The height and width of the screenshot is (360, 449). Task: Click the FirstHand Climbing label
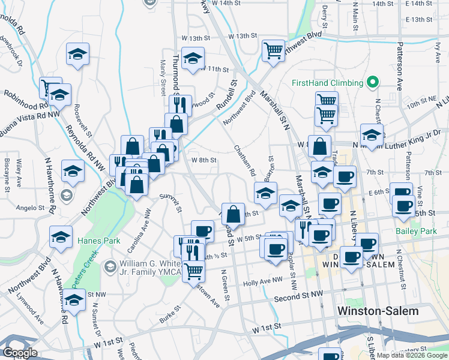[327, 83]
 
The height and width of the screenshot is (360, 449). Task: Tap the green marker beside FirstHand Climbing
[373, 82]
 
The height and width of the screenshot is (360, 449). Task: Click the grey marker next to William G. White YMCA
[109, 265]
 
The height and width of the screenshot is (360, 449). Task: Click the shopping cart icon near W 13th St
[273, 50]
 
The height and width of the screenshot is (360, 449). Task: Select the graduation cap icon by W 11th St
[193, 59]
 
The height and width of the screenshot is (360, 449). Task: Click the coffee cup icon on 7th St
[345, 176]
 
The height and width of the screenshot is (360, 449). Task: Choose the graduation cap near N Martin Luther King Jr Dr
[372, 135]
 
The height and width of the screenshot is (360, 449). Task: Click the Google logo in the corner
[20, 353]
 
